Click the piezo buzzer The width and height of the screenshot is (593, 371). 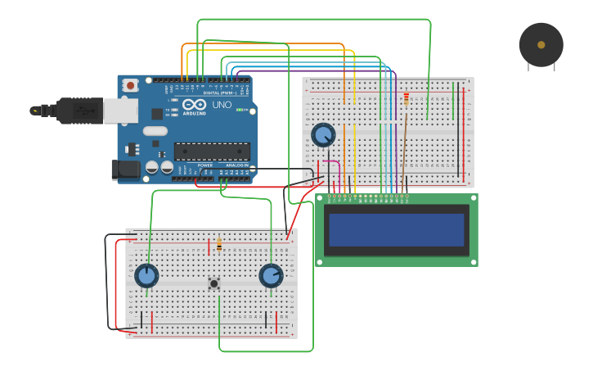click(x=541, y=45)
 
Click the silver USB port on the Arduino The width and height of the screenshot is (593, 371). click(x=120, y=111)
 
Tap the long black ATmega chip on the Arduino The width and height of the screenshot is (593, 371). click(x=212, y=152)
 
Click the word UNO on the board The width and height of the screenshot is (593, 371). click(x=222, y=105)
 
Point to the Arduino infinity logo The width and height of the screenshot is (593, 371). click(x=195, y=105)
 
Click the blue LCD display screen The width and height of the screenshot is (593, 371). click(x=396, y=230)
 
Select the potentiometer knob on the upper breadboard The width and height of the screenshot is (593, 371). click(x=323, y=135)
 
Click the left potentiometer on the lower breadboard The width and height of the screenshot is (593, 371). click(x=146, y=275)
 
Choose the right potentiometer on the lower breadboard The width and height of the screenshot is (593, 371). click(x=271, y=275)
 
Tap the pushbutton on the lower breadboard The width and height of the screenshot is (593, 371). click(x=214, y=283)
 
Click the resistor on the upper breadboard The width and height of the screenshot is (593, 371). click(x=407, y=99)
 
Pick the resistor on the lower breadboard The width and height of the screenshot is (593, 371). click(x=219, y=243)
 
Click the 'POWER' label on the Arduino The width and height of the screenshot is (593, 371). click(x=205, y=165)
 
